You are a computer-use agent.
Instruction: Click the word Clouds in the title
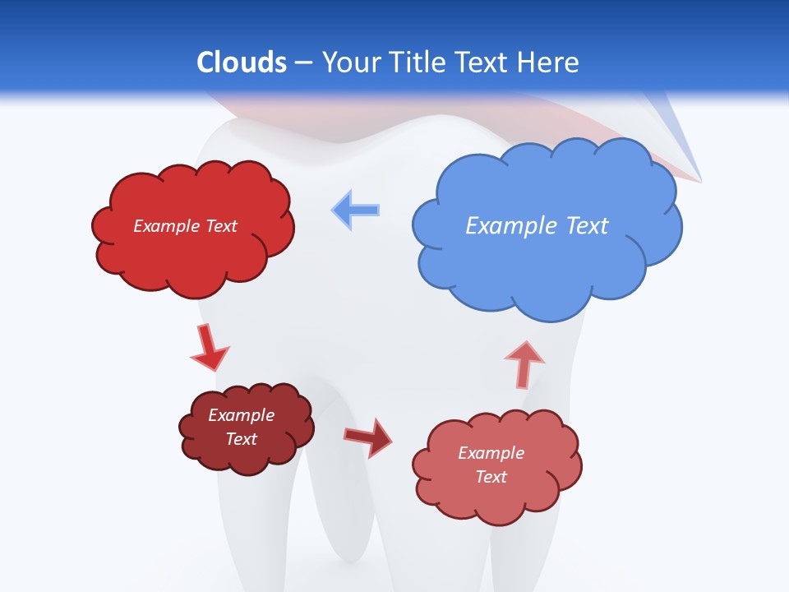[x=242, y=62]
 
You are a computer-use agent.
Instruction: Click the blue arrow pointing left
[x=356, y=210]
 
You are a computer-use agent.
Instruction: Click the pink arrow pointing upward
[x=524, y=364]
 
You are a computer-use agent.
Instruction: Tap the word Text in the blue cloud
[x=588, y=226]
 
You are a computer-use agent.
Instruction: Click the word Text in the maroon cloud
[x=242, y=439]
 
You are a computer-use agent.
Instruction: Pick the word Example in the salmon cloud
[x=491, y=453]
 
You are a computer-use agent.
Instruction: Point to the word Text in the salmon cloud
[x=491, y=477]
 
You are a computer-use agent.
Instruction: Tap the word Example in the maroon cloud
[x=242, y=415]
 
